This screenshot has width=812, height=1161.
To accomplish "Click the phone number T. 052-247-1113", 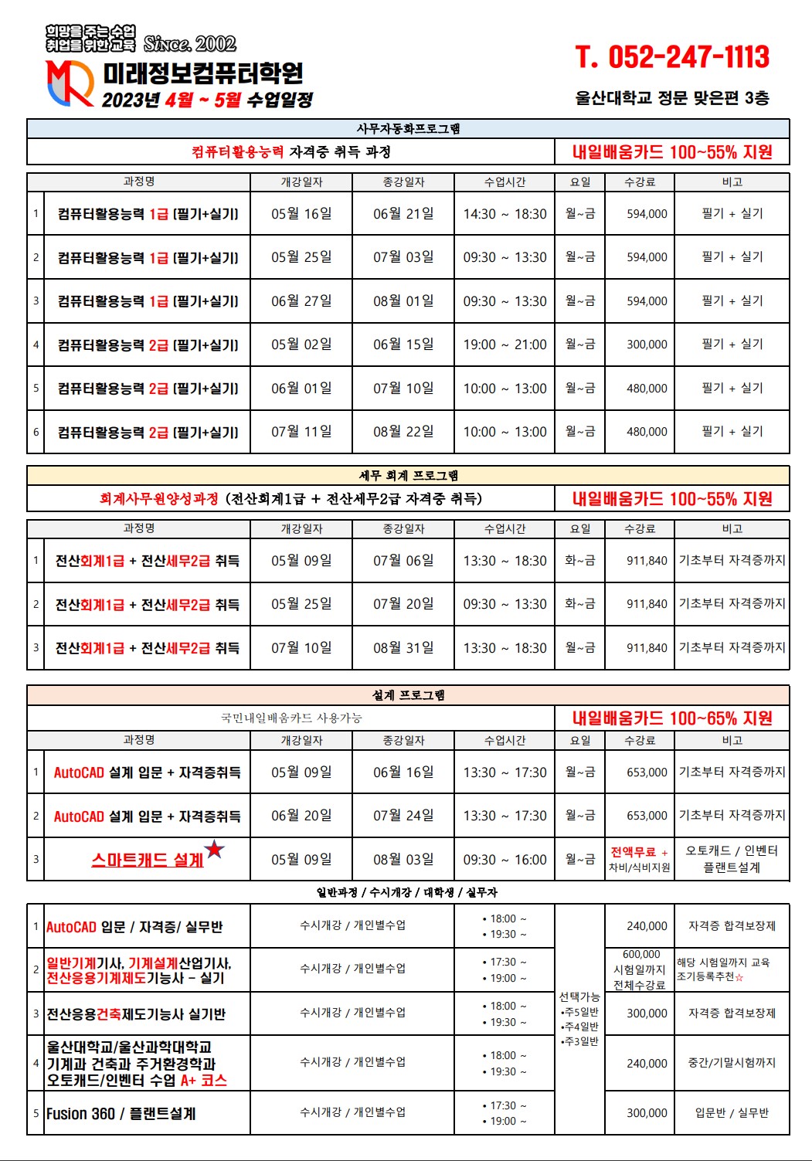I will click(x=671, y=57).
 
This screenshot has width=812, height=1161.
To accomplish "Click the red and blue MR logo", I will click(x=70, y=83).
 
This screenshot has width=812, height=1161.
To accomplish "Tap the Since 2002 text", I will click(x=189, y=43).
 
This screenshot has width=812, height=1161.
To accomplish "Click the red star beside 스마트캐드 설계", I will click(x=215, y=850).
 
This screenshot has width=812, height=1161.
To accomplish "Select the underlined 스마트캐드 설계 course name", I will click(x=148, y=860).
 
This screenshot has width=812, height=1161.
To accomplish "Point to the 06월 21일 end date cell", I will click(x=403, y=214).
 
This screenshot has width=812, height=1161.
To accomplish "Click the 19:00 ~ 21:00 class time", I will click(x=505, y=345).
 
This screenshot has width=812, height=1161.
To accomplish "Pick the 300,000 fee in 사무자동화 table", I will click(x=647, y=345).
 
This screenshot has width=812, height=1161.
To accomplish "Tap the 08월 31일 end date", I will click(x=403, y=648).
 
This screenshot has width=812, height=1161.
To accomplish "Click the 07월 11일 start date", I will click(x=301, y=432).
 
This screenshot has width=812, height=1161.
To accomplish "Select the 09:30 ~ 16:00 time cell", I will click(x=505, y=860).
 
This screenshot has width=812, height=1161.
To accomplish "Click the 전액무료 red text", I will click(x=634, y=852).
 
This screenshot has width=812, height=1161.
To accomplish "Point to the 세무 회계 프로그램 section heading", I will click(x=408, y=475).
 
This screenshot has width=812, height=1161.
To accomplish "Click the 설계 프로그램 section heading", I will click(x=408, y=695).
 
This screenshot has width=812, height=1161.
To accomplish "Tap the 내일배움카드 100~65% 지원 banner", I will click(x=672, y=718).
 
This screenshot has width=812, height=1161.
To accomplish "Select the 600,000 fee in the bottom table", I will click(x=641, y=955).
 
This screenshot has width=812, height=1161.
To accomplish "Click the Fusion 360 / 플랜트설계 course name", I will click(x=121, y=1114).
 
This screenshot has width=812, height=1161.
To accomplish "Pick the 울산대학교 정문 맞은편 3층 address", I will click(x=671, y=98).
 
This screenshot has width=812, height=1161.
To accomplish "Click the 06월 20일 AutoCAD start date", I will click(x=301, y=816).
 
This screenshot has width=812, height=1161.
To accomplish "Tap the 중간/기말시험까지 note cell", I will click(x=732, y=1063).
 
